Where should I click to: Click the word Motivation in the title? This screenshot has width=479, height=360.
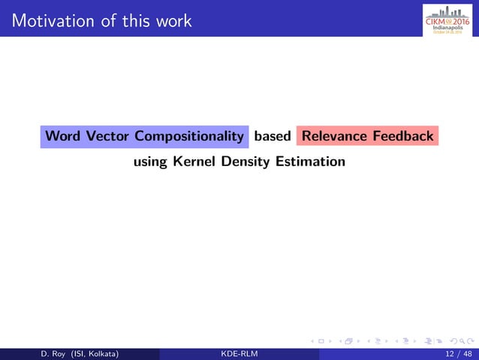coord(51,20)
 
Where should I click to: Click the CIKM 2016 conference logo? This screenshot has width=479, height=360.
coord(447,19)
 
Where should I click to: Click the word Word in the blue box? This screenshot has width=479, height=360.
coord(63,136)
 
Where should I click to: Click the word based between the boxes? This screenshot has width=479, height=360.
coord(273,136)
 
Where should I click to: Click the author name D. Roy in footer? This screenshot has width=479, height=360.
coord(32,354)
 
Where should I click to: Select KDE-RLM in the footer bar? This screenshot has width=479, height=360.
coord(239,354)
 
